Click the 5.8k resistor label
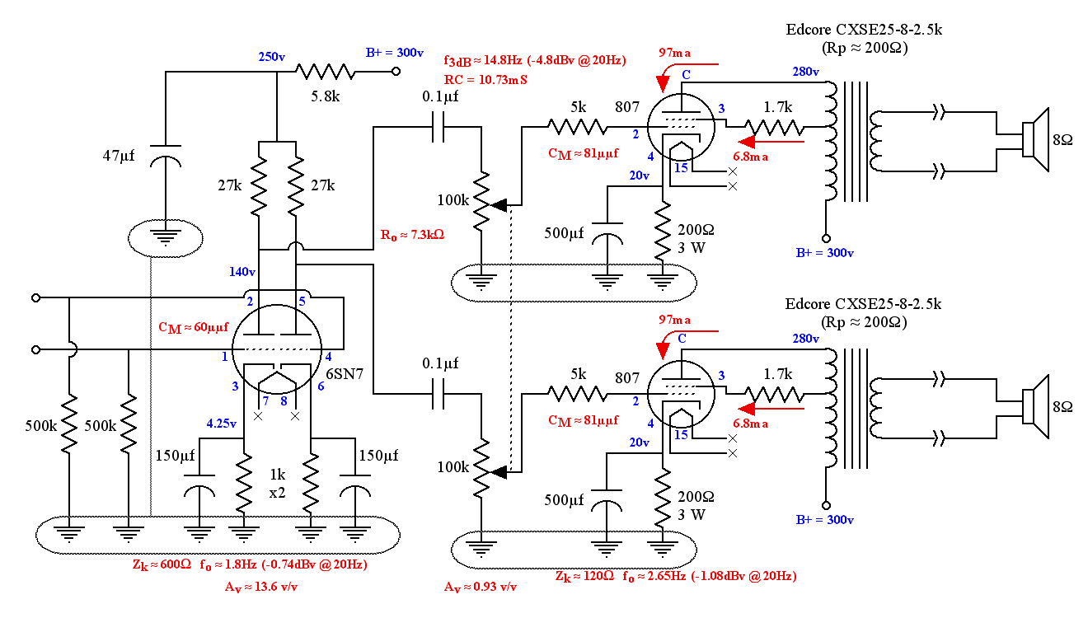coord(325,96)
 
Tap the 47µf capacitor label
coord(119,156)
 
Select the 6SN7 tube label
coord(345,374)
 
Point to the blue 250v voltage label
coord(271,57)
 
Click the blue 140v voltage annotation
coord(242,272)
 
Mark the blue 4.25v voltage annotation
coord(221,424)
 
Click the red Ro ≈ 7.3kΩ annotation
coord(412,236)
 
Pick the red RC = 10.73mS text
coord(485,80)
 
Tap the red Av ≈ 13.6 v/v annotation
coord(260,587)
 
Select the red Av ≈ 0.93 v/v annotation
coord(480,587)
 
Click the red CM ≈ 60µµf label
coord(194,328)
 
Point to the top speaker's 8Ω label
coord(1062,140)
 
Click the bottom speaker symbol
coord(1035,407)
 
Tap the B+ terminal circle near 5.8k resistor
coord(396,72)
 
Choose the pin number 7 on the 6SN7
coord(265,401)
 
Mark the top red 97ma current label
coord(675,53)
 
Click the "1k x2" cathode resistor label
coord(277,484)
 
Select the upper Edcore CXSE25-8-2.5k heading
coord(864,30)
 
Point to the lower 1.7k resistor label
coord(777,374)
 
